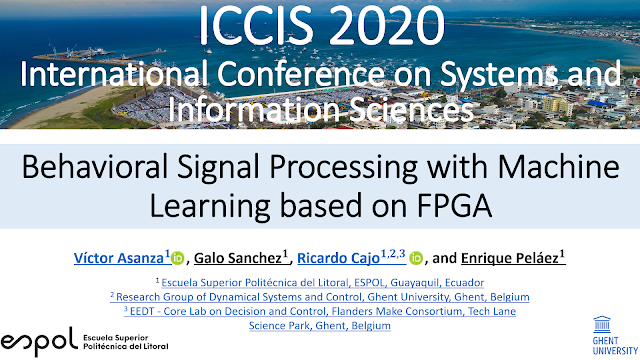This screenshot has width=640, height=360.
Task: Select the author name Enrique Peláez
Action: coord(513,258)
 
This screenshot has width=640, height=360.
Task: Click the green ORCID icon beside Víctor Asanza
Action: coord(179,259)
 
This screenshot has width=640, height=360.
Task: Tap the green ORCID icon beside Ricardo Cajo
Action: coord(417,259)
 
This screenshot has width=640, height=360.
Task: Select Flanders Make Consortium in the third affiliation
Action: coord(394,311)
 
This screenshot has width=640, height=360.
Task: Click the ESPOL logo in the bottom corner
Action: coord(75,341)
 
